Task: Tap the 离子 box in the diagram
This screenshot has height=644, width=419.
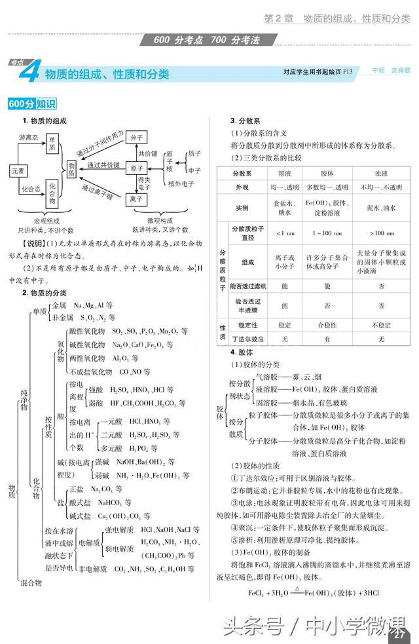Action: coord(136,198)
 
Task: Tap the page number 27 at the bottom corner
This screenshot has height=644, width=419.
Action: coord(399,633)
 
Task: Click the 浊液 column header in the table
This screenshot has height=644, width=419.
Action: coord(381,174)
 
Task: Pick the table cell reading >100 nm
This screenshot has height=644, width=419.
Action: coord(381,233)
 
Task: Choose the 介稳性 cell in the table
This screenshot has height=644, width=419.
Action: coord(327,324)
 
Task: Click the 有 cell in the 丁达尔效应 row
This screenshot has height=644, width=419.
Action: coord(327,339)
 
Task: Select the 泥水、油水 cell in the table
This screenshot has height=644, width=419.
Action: coord(381,208)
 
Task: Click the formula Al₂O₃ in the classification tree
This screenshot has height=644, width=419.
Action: coord(124,358)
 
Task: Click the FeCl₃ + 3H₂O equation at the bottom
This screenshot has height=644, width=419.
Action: coord(305,593)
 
